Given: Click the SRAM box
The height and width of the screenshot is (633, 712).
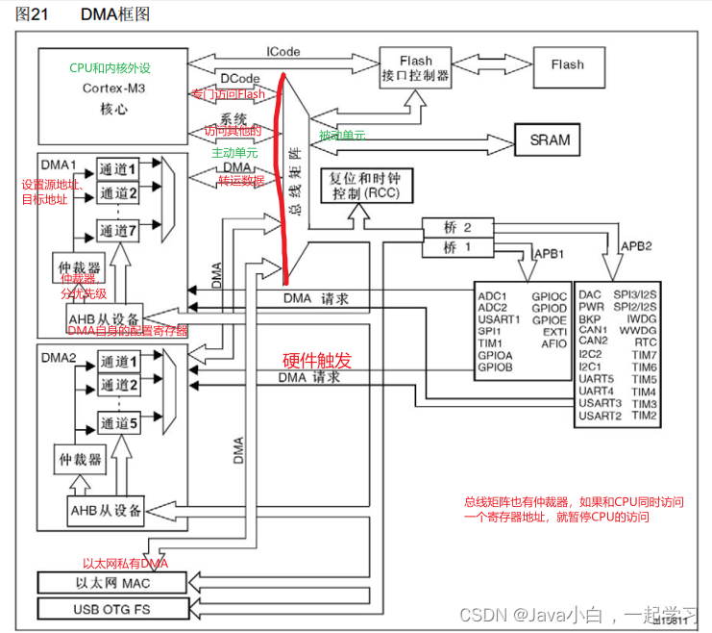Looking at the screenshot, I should click(550, 139).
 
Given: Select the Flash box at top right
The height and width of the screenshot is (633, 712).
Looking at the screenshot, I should click(567, 65).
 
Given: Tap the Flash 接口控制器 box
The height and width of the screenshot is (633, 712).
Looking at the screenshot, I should click(416, 67).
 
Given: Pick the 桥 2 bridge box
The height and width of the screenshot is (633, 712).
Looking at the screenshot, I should click(457, 228).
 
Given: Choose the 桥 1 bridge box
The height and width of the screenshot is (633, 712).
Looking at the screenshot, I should click(457, 247).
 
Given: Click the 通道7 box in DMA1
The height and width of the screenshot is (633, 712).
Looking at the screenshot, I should click(119, 231).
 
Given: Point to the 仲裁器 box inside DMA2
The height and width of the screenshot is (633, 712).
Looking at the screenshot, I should click(80, 459).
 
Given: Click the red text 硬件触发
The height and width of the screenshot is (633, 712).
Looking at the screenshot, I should click(316, 361).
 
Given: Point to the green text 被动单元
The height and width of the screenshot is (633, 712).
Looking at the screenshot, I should click(341, 135).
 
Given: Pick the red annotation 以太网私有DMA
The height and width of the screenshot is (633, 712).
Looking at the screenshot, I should click(125, 564).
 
